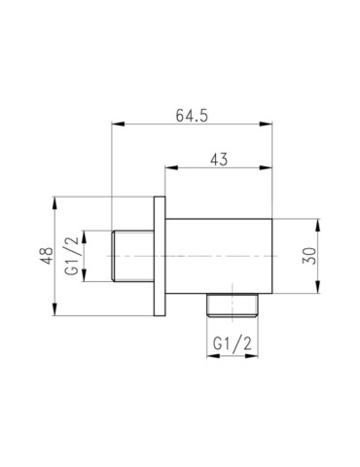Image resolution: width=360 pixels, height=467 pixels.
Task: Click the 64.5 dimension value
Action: click(193, 114)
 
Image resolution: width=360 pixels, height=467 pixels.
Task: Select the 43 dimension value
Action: click(218, 161)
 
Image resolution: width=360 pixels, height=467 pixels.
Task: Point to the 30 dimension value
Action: click(309, 255)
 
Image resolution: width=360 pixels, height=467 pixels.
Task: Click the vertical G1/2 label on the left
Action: click(72, 256)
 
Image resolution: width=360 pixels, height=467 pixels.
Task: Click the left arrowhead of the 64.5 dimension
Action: click(117, 125)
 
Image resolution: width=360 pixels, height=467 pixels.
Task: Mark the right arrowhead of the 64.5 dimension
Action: click(270, 125)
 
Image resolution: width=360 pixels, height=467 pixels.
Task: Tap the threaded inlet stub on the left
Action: click(132, 256)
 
